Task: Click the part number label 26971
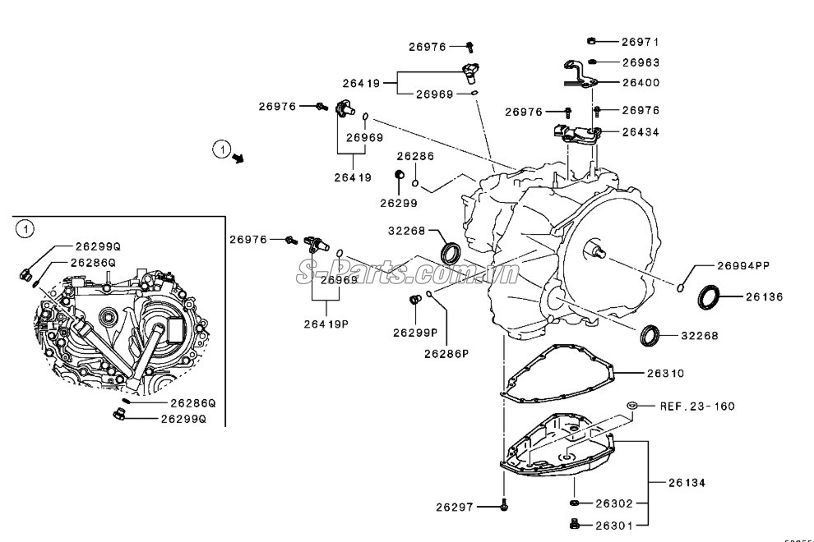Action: click(x=640, y=41)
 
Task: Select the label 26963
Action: click(x=640, y=62)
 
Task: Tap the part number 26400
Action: click(x=640, y=82)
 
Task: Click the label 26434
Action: click(x=640, y=131)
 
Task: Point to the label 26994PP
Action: click(x=742, y=265)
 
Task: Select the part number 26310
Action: click(x=664, y=373)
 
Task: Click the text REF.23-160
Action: click(x=696, y=406)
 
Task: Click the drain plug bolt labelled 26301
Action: click(x=575, y=523)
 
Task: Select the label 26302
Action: click(x=613, y=503)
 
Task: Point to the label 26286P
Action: click(x=446, y=354)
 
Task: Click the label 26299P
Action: click(x=414, y=333)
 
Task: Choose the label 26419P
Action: click(x=326, y=324)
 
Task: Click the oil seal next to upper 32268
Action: click(x=451, y=252)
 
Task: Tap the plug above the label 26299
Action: click(x=400, y=174)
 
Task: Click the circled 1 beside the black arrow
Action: click(x=220, y=149)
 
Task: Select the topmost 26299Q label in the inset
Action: click(x=97, y=246)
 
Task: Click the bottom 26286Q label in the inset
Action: click(x=192, y=403)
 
